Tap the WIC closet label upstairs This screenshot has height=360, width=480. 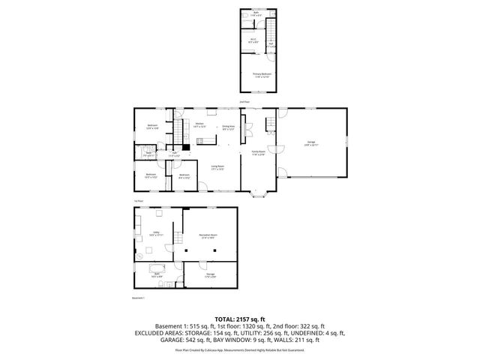pyautogui.click(x=253, y=41)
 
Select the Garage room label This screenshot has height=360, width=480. pyautogui.click(x=311, y=145)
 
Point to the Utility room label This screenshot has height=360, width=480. pyautogui.click(x=157, y=233)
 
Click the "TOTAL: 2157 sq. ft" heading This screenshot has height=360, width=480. pyautogui.click(x=239, y=319)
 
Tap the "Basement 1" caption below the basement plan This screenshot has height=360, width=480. pyautogui.click(x=138, y=298)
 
